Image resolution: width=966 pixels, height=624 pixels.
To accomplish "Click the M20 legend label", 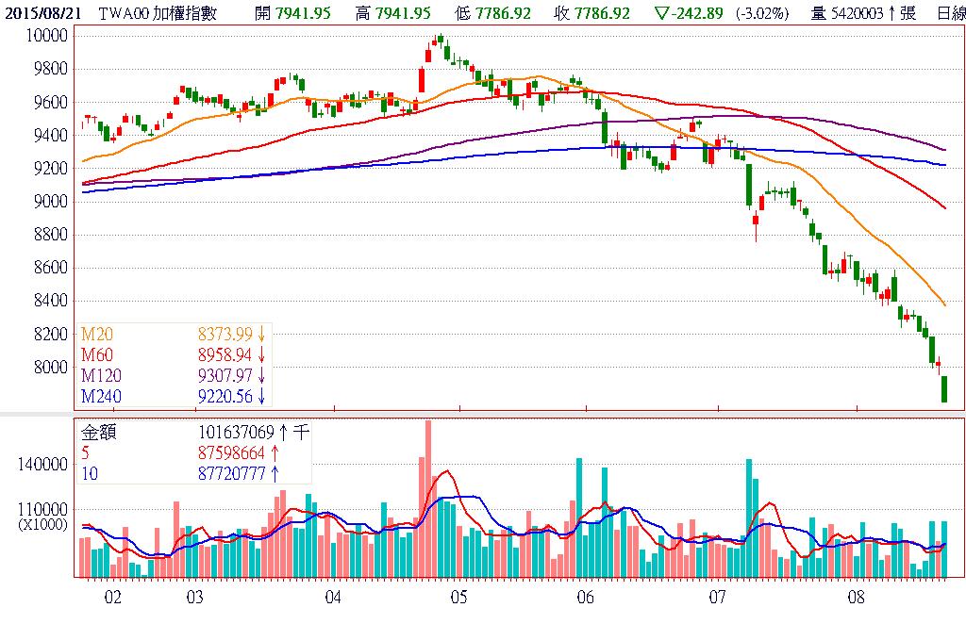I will coord(94,334).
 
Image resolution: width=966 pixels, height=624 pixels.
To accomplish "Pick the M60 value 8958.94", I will coord(225,355).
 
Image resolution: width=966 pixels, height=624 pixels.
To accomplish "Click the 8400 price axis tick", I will coord(49,301).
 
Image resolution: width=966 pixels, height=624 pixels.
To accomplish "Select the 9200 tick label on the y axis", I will coord(49,169).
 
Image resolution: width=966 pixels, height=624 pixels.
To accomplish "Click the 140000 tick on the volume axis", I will coord(42,465).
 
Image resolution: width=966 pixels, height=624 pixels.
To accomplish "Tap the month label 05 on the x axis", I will coord(458,597).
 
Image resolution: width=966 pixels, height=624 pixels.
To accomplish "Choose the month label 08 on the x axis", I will coord(856,597).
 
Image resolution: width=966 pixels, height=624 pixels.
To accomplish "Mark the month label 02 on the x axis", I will coord(112,597).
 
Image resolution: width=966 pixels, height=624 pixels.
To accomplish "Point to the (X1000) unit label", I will coord(42,525).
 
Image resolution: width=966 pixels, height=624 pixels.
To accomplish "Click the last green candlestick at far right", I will coord(943,388).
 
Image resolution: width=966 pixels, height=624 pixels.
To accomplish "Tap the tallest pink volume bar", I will coord(428,498).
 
